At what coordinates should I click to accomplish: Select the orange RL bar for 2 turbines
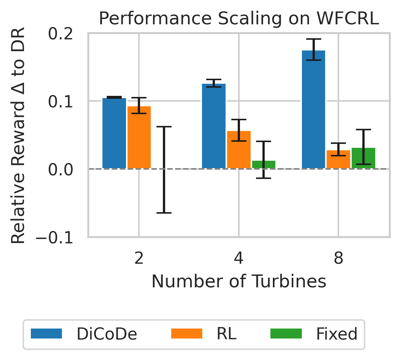pos(139,137)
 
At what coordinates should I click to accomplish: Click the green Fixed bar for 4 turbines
pos(264,165)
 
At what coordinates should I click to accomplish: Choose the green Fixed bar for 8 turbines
pos(363,158)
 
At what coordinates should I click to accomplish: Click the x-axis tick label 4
pos(238,259)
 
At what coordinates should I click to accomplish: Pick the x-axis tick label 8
pos(338,259)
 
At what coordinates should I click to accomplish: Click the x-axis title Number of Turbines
pos(238,282)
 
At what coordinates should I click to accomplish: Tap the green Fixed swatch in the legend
pos(285,334)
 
